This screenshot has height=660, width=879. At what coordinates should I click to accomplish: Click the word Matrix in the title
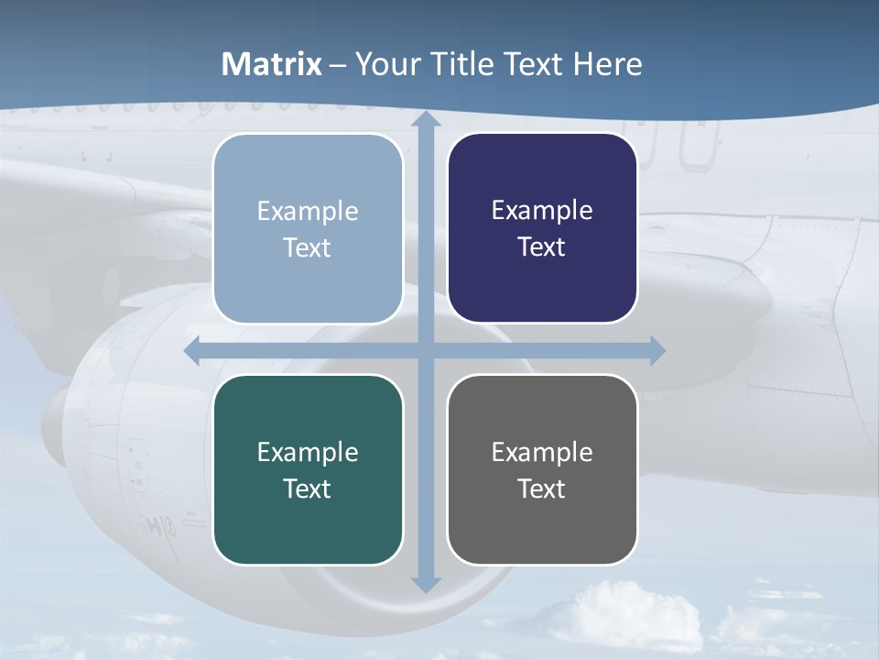click(x=272, y=64)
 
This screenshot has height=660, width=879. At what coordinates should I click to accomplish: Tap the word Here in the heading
click(x=607, y=64)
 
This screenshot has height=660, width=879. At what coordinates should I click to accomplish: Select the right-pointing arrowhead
click(x=657, y=350)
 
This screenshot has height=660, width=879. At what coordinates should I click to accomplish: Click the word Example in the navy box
click(x=542, y=211)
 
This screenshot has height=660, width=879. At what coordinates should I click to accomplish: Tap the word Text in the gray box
click(x=542, y=489)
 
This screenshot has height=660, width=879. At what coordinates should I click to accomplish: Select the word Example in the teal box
click(x=308, y=452)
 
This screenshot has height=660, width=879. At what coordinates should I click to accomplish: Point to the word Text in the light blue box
click(x=308, y=247)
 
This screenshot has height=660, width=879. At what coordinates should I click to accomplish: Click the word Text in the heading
click(x=535, y=64)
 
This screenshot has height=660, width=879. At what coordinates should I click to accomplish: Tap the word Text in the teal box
click(x=308, y=489)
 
